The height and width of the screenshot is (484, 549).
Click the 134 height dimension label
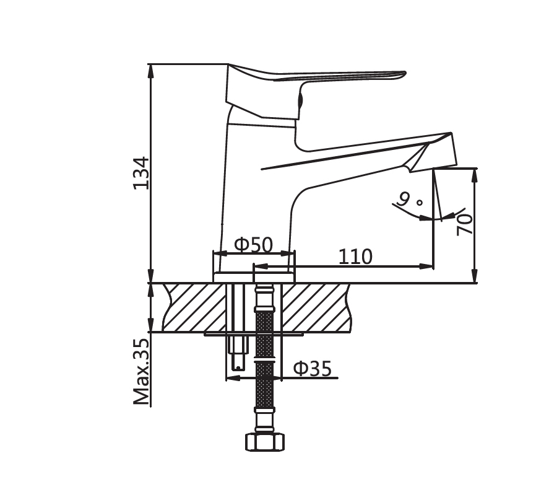pos(142,173)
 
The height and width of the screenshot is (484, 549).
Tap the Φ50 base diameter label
pos(253,245)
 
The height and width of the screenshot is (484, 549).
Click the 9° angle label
pos(410,200)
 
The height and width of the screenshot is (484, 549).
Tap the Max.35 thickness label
pos(142,371)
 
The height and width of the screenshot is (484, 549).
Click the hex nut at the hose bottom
pos(264,442)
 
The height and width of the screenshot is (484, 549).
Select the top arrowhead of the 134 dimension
pos(150,70)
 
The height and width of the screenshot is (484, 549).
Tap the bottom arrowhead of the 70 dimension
pos(475,276)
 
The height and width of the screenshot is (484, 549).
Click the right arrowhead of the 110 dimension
pos(426,266)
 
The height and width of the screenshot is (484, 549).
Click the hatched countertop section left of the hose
pos(195,307)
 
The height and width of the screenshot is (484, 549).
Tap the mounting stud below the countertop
pos(238,351)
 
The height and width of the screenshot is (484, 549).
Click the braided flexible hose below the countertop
pos(265,361)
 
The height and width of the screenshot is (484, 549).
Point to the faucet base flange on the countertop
pos(254,277)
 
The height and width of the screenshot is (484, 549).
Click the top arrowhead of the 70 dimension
pos(475,175)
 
